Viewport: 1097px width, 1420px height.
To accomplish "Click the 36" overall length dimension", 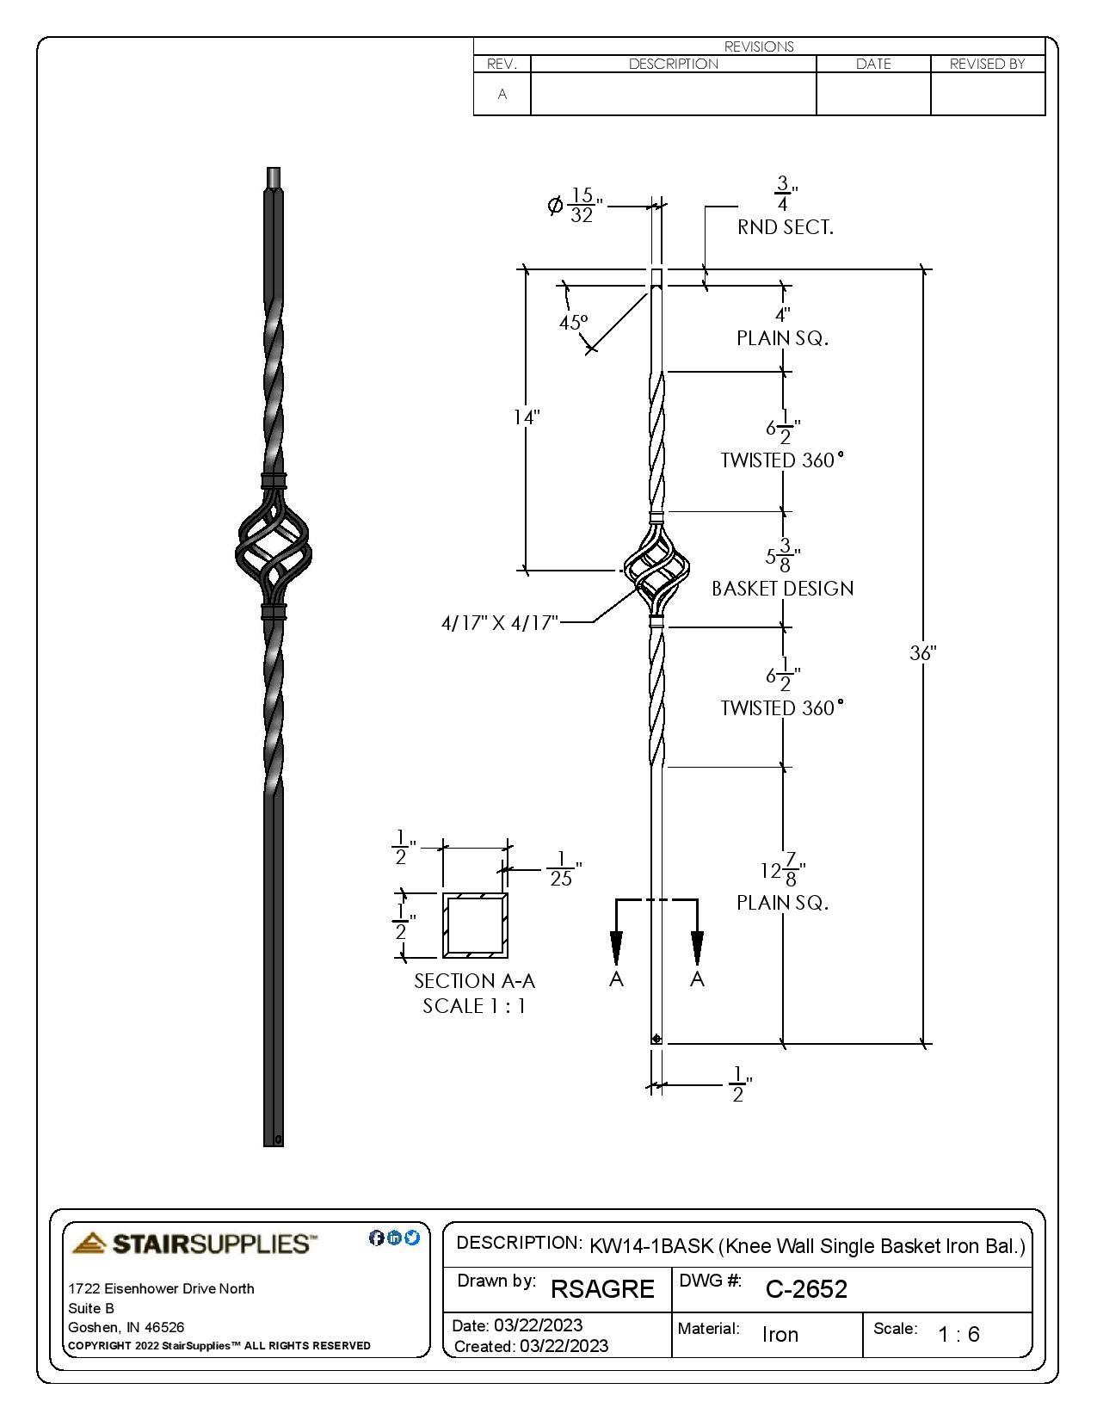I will click(x=922, y=653).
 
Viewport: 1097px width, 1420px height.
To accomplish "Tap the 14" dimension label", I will click(x=527, y=417).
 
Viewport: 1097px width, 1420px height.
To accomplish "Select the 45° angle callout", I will click(x=573, y=323).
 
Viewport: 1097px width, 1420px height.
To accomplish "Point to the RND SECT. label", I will click(x=785, y=227).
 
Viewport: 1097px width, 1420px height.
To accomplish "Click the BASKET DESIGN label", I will click(x=782, y=589).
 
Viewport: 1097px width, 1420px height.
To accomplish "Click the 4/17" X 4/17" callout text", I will click(x=500, y=622).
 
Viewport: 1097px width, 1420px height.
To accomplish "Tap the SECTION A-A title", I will click(x=474, y=981).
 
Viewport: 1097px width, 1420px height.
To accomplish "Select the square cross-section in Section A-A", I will click(x=475, y=925).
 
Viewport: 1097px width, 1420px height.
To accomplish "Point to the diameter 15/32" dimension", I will click(x=576, y=206).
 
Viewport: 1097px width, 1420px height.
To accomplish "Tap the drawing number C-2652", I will click(x=806, y=1289).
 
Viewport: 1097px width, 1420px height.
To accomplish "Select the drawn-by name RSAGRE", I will click(x=602, y=1289).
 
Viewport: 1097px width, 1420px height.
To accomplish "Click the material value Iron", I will click(x=780, y=1335).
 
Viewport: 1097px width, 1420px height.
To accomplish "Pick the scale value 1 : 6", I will click(x=958, y=1335).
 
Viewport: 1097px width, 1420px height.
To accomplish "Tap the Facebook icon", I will click(x=376, y=1238).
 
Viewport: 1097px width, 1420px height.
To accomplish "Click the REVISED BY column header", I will click(x=987, y=64).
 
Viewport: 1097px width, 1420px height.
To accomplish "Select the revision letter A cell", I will click(x=502, y=94).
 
